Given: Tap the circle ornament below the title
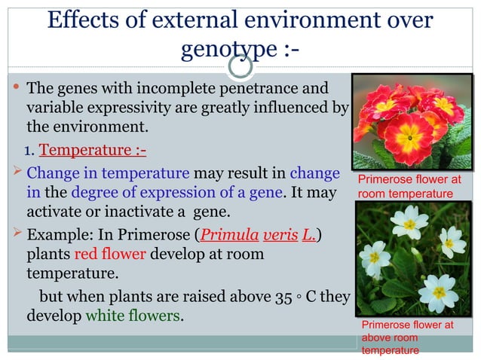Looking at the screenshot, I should click(240, 67).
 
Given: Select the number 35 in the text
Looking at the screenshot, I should click(283, 296).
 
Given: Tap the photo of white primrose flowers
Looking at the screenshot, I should click(412, 259).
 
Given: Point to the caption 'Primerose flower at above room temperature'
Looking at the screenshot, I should click(407, 337).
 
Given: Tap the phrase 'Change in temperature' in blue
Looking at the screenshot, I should click(108, 173).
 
